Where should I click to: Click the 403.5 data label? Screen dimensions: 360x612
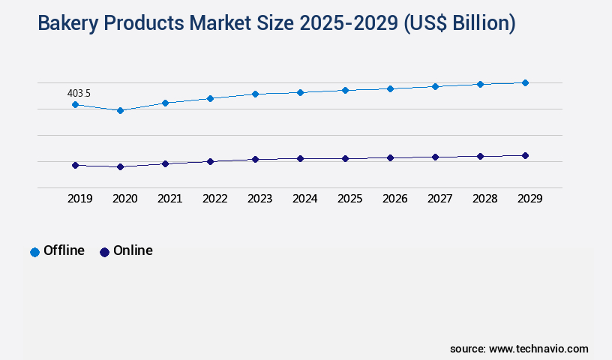point(79,93)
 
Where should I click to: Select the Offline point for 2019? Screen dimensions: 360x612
point(75,104)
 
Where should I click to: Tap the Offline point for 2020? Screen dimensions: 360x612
point(120,110)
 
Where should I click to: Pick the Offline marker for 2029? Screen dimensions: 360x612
point(525,82)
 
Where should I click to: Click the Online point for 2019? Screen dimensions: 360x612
point(75,165)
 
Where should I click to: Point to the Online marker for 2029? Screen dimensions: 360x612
point(525,155)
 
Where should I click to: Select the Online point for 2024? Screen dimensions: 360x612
point(300,158)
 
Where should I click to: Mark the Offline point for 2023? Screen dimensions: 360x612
point(255,94)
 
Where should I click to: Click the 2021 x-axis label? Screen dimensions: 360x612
point(169,199)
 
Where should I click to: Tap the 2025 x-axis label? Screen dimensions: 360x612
point(349,199)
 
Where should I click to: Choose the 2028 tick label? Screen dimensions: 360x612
point(484,199)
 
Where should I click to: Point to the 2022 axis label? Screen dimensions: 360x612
point(214,199)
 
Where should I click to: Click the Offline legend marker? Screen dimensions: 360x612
point(34,252)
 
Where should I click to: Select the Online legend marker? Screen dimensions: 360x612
point(104,252)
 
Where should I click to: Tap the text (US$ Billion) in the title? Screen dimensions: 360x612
point(459,23)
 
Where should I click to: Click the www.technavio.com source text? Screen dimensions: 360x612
point(538,349)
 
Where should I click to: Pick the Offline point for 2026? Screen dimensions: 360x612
point(390,88)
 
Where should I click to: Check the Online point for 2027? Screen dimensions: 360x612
point(435,157)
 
